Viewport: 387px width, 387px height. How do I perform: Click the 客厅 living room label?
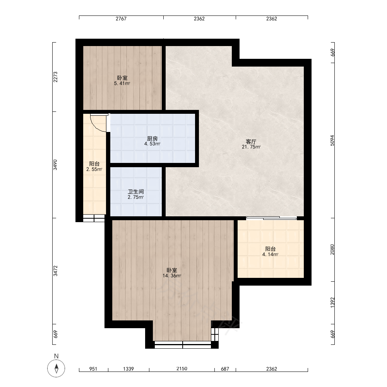[251, 141]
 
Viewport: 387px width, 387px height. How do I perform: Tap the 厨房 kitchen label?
[152, 139]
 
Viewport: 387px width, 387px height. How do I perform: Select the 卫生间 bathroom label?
[136, 192]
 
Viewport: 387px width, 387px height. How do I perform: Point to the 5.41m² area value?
[122, 84]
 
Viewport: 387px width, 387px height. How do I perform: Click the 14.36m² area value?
[172, 276]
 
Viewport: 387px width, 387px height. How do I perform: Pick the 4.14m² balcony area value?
[270, 254]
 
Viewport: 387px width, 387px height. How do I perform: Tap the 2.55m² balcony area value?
[94, 170]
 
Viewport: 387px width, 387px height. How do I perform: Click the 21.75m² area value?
[251, 147]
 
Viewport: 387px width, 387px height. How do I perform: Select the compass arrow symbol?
[56, 368]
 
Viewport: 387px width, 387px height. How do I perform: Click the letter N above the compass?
[56, 356]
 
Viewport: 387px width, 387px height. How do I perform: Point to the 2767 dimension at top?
[121, 19]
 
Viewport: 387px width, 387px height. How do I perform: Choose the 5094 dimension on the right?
[332, 140]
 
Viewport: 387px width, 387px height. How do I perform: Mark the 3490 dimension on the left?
[55, 165]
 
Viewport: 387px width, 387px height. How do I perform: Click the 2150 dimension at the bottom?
[182, 368]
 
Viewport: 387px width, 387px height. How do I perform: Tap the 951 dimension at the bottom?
[93, 369]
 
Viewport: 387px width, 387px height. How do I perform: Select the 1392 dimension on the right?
[332, 302]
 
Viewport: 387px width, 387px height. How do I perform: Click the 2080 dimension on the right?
[332, 250]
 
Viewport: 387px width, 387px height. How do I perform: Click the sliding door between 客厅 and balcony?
[272, 218]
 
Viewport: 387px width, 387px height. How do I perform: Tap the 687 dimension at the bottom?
[225, 369]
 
